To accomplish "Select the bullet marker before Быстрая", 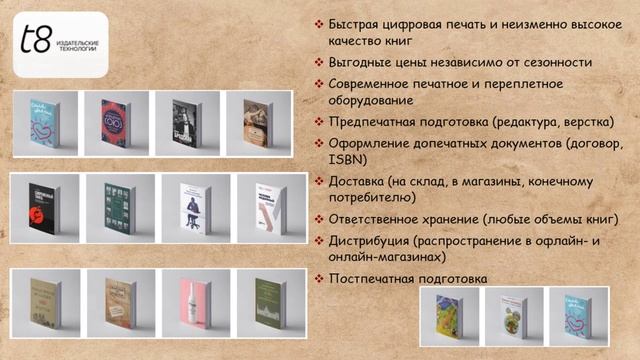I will pyautogui.click(x=319, y=24).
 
